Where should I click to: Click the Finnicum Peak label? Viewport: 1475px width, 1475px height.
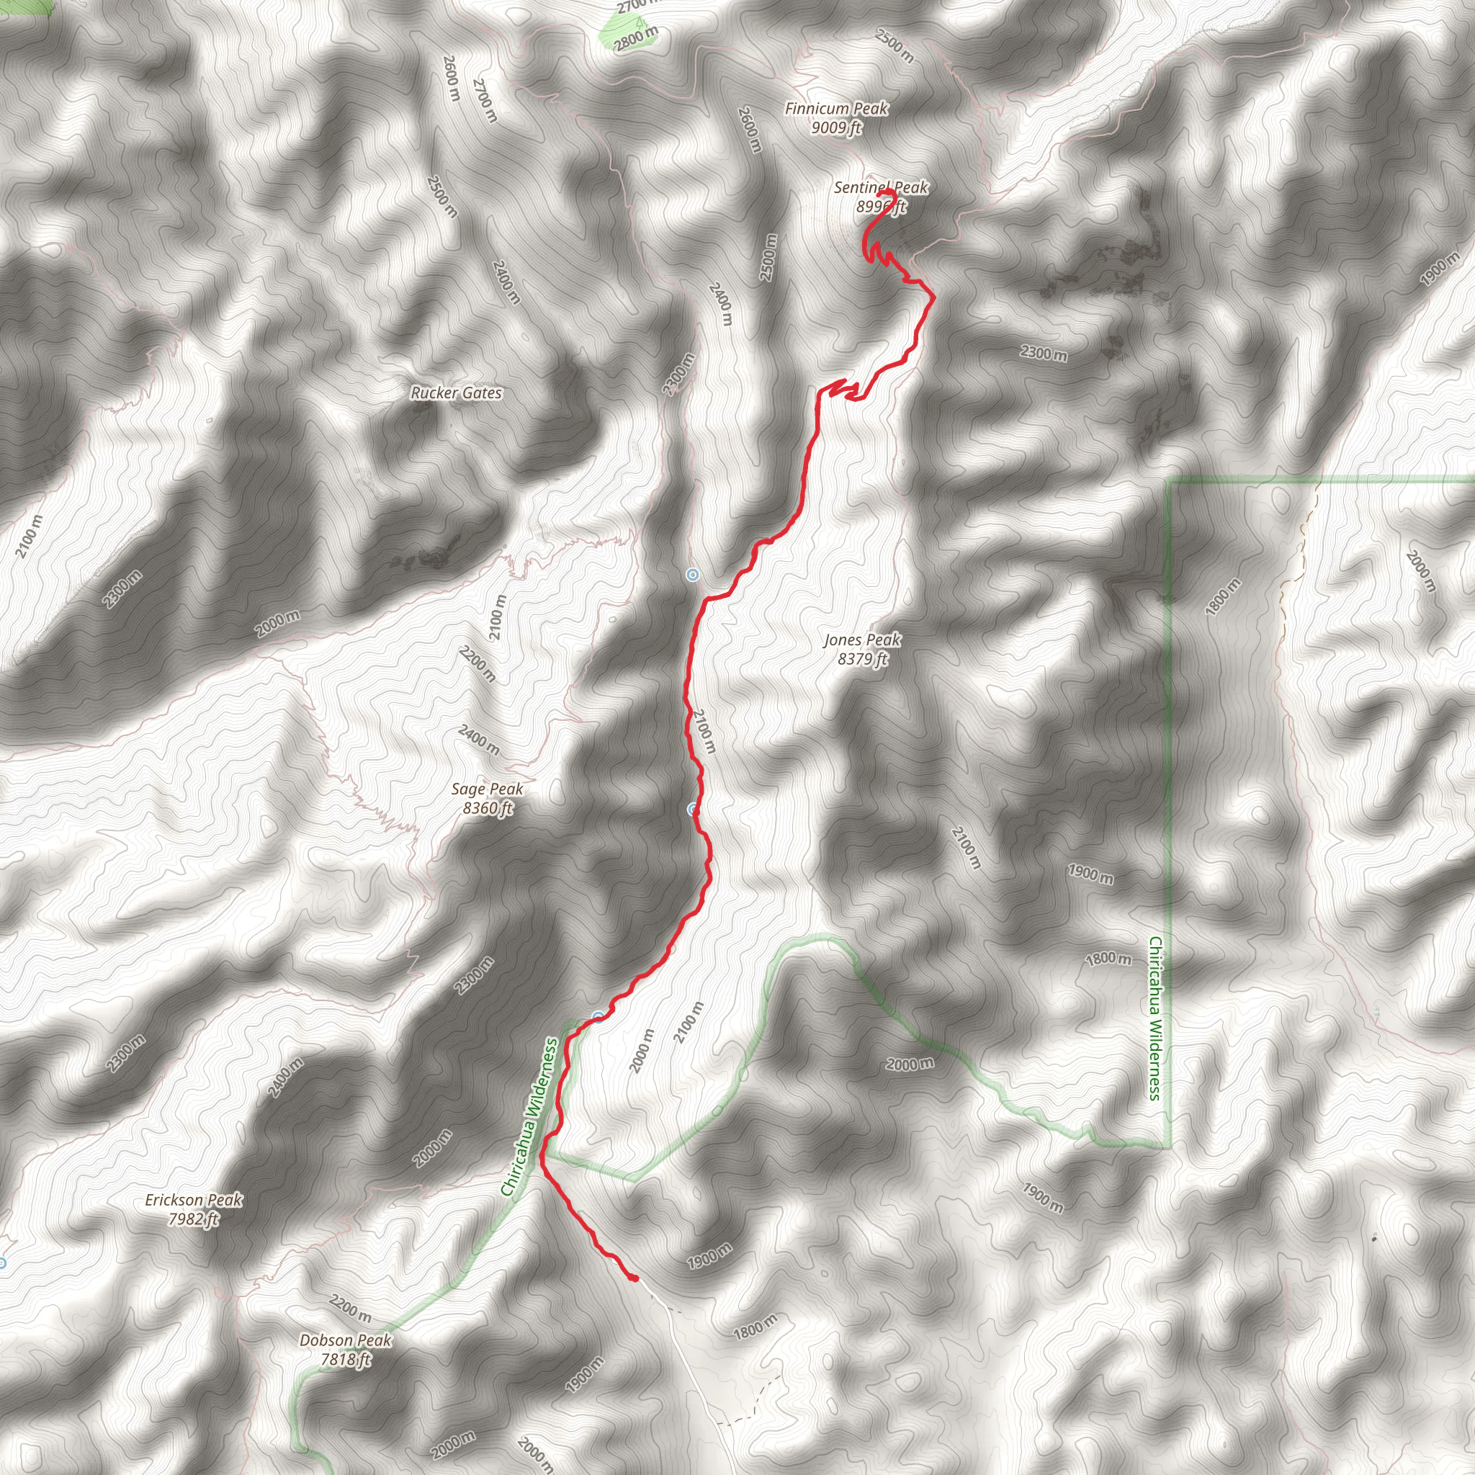(836, 109)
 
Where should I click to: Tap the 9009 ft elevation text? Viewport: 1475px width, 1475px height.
(836, 127)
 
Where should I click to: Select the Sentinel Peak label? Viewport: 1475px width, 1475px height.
(880, 187)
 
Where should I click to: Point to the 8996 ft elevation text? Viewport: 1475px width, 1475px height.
(880, 206)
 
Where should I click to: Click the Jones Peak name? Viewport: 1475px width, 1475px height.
(862, 640)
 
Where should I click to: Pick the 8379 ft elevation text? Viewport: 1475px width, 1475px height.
(863, 659)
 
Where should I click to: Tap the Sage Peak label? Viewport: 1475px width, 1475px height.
(487, 789)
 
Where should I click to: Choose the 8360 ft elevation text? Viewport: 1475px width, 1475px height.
(488, 808)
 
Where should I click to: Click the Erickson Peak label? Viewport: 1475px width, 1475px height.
(194, 1200)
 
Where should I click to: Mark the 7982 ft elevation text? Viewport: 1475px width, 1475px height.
(194, 1219)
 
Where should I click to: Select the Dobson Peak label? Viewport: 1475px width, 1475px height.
(345, 1340)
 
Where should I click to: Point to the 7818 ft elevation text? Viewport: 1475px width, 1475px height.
(345, 1359)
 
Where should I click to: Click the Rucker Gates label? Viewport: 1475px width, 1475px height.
(457, 393)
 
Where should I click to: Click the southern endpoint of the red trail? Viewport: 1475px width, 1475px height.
(635, 1278)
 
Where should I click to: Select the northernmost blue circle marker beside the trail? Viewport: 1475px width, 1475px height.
(691, 575)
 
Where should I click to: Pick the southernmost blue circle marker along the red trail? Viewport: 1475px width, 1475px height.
(598, 1016)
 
